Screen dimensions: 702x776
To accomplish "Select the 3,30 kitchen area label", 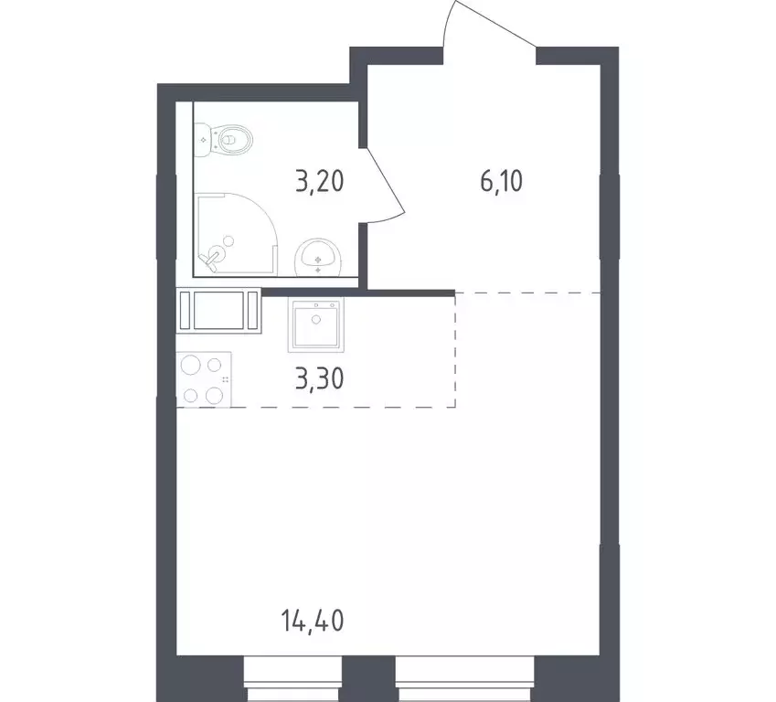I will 320,377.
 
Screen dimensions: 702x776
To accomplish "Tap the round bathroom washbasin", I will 317,258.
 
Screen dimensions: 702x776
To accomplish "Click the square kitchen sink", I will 317,325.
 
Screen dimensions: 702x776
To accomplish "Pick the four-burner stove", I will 203,379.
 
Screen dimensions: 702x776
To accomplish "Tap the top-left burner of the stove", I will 191,365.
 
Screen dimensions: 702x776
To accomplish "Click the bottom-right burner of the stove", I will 215,395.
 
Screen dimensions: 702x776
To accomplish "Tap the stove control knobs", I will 225,378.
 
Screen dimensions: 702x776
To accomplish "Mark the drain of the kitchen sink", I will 317,320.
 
